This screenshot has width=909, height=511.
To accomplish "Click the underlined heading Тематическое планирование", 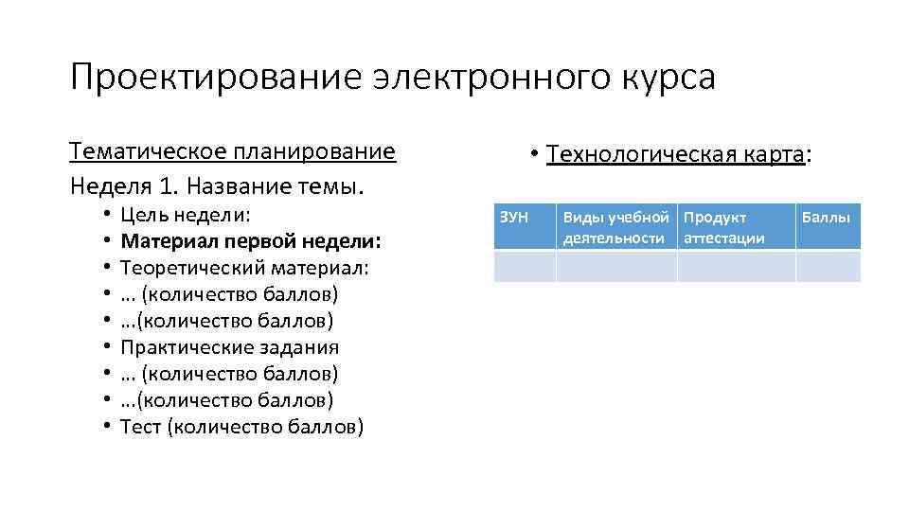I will pos(232,151).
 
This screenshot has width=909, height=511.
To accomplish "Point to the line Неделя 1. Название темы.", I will pos(217,182).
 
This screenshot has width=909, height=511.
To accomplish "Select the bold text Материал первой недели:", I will pos(251,240).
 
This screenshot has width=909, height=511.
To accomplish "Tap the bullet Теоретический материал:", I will pos(244,267).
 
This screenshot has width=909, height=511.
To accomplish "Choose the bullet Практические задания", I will pos(230,346).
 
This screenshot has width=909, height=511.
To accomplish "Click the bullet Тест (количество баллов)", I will pos(241,427).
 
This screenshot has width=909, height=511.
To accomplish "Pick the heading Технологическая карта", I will pos(675,154).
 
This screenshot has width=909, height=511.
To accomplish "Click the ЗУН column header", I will pos(512,218).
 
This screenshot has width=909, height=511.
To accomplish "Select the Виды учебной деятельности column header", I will pos(615,227).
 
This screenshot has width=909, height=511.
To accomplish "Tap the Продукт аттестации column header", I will pos(735,227).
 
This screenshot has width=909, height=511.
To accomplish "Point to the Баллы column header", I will pos(827,218).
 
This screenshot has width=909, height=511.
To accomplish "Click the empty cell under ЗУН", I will pos(525,266).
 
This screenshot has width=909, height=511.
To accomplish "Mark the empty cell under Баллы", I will pos(828,266).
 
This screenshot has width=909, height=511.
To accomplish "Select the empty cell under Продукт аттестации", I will pos(736,266).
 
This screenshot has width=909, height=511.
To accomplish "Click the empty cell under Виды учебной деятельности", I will pos(615,266).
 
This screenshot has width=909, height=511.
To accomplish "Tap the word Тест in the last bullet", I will pos(140,427).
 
